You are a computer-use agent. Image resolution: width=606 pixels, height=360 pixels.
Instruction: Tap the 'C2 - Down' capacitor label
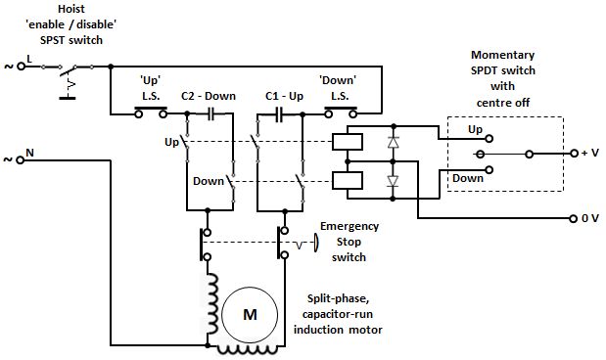click(x=208, y=96)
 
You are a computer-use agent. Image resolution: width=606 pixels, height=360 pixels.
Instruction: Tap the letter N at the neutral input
click(x=28, y=155)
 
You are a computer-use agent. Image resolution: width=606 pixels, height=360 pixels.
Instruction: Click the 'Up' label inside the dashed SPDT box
click(x=475, y=129)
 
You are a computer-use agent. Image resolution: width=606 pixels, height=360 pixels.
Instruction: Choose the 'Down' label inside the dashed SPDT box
click(x=468, y=178)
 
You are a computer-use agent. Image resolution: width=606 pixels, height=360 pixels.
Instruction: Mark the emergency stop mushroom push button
click(x=315, y=242)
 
